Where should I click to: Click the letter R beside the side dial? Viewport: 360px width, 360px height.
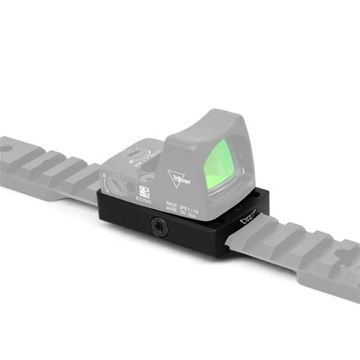coord(104,175)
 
